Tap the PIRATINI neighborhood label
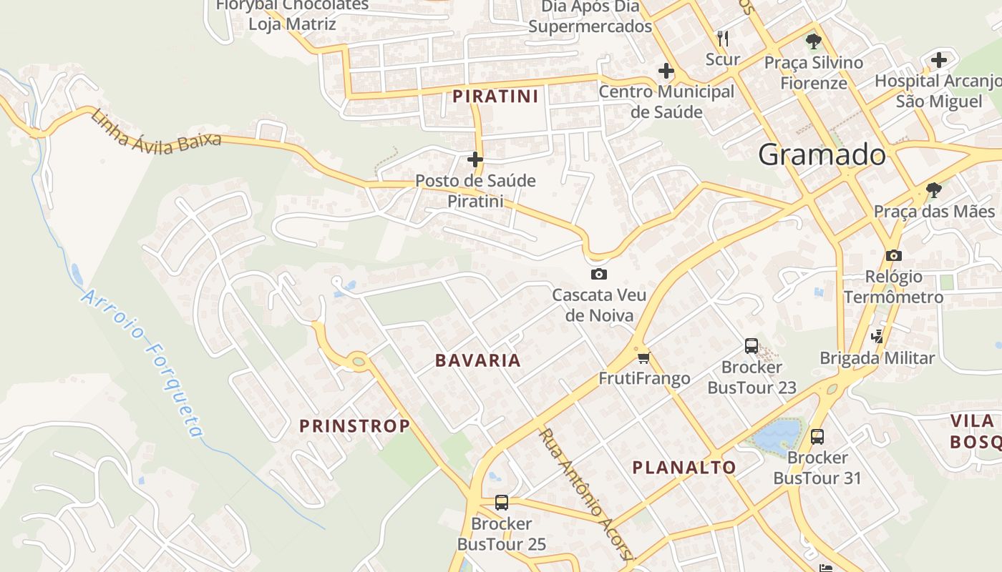[x=495, y=96]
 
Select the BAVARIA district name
[x=478, y=360]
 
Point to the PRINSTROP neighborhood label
[x=355, y=426]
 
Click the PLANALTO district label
[x=684, y=468]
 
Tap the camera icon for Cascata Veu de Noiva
[x=598, y=274]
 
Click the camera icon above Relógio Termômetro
[x=893, y=255]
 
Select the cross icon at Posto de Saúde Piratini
[x=475, y=159]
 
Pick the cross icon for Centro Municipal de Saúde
[x=666, y=71]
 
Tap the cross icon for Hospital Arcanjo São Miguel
[x=939, y=60]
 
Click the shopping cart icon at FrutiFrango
[x=643, y=357]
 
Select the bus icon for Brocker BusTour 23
[x=751, y=346]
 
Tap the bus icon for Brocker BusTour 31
[x=817, y=436]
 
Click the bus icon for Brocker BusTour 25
[x=502, y=503]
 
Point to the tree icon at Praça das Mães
[x=933, y=190]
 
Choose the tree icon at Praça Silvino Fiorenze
[x=813, y=41]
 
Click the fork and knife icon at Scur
[x=723, y=38]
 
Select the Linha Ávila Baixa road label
[x=155, y=129]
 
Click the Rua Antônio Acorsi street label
[x=586, y=494]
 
